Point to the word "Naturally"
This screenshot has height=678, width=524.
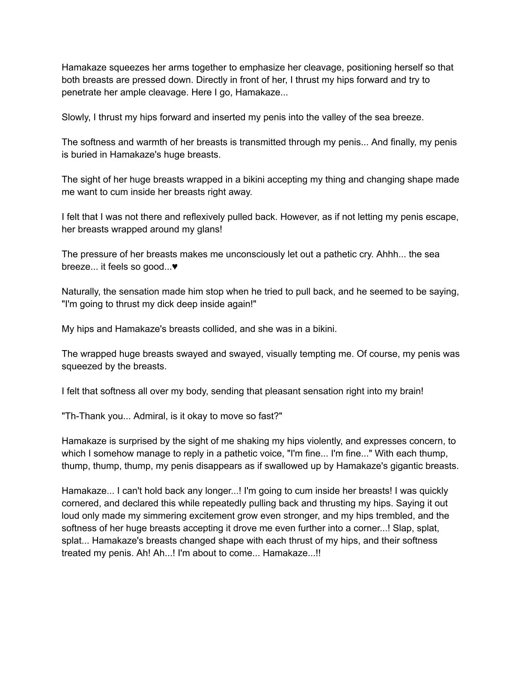click(80, 292)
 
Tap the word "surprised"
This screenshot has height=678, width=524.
click(125, 441)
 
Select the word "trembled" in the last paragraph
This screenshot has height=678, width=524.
click(384, 516)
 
